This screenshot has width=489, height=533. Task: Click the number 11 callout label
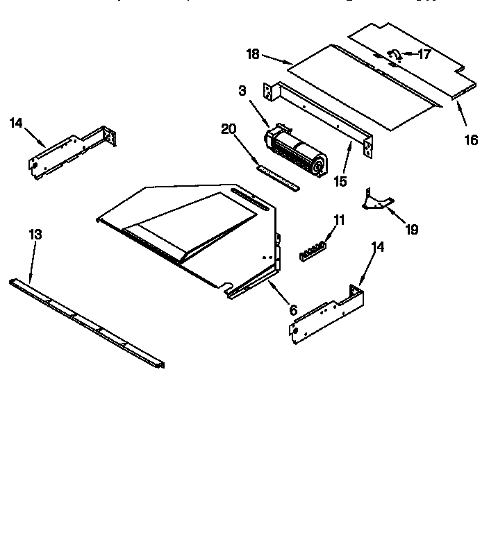coord(339,220)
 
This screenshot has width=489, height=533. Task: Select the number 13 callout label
coord(35,235)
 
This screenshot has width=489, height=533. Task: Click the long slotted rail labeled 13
coord(87,323)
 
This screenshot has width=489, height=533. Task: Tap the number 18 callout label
coord(252,53)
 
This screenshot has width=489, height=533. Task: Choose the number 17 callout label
coord(424,53)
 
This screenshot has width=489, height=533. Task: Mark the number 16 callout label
coord(470,139)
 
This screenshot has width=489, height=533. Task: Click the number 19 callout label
coord(412,229)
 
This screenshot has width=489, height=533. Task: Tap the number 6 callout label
coord(293,310)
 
